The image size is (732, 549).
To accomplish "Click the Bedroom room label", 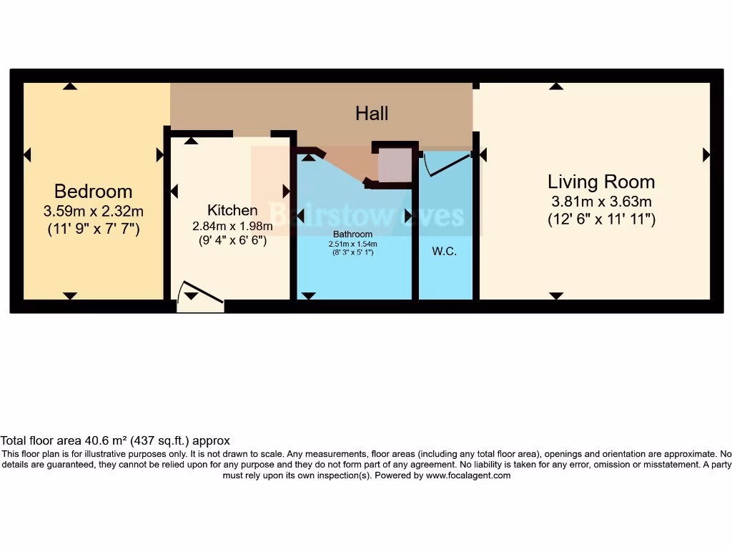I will tap(93, 192).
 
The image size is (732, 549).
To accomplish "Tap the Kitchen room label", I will tap(232, 210).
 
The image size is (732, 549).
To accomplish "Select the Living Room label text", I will tap(601, 182).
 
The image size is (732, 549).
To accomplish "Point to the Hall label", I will tap(372, 113).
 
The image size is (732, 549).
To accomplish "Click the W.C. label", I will tap(444, 252).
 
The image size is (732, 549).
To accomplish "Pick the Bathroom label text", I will tap(353, 234).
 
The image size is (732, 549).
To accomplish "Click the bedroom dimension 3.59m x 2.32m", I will tap(93, 211).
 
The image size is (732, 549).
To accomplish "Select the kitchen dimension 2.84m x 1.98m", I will tap(232, 226).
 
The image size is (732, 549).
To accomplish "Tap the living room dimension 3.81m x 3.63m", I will tap(601, 202).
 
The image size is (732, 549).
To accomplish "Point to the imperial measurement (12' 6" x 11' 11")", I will tap(601, 219).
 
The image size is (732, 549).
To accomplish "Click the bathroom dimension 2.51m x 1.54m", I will tap(353, 244).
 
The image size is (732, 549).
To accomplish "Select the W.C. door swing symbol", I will tap(446, 164).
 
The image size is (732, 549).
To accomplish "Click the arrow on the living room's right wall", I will tap(706, 154).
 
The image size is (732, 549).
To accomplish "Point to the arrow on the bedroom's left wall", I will tap(28, 154).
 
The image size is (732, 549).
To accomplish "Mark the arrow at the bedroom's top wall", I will tap(69, 86).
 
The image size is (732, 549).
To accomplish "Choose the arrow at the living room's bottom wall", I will tap(556, 296).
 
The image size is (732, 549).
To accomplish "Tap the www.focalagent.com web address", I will tap(468, 475).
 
